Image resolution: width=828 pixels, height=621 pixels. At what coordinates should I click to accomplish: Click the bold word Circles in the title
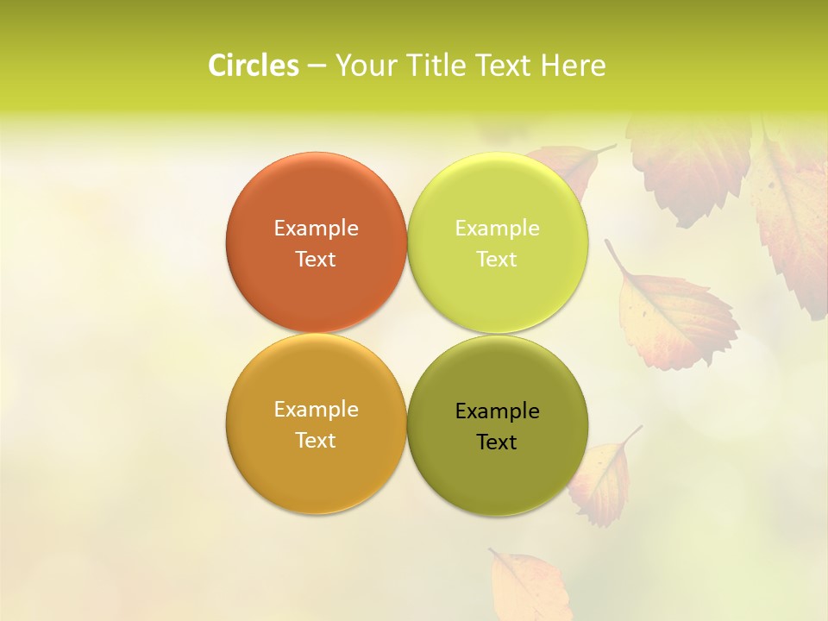tap(254, 66)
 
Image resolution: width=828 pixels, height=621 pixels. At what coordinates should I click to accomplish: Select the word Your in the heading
tap(364, 66)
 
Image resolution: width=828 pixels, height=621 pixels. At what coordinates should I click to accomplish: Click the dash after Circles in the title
tap(317, 66)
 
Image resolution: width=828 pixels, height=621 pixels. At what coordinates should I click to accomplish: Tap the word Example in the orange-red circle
tap(316, 228)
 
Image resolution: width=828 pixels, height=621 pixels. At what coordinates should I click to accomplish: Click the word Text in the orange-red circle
tap(316, 259)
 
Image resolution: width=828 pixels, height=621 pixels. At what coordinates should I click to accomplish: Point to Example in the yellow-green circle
tap(498, 228)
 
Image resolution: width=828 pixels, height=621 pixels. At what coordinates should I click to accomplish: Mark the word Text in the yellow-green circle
tap(498, 259)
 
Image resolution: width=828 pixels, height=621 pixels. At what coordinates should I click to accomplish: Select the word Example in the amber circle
tap(316, 409)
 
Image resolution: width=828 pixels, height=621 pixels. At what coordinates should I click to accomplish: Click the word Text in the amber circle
tap(316, 440)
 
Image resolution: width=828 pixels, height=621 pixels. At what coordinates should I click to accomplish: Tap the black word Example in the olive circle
tap(498, 411)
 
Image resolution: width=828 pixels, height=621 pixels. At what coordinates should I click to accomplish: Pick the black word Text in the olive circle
tap(498, 442)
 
